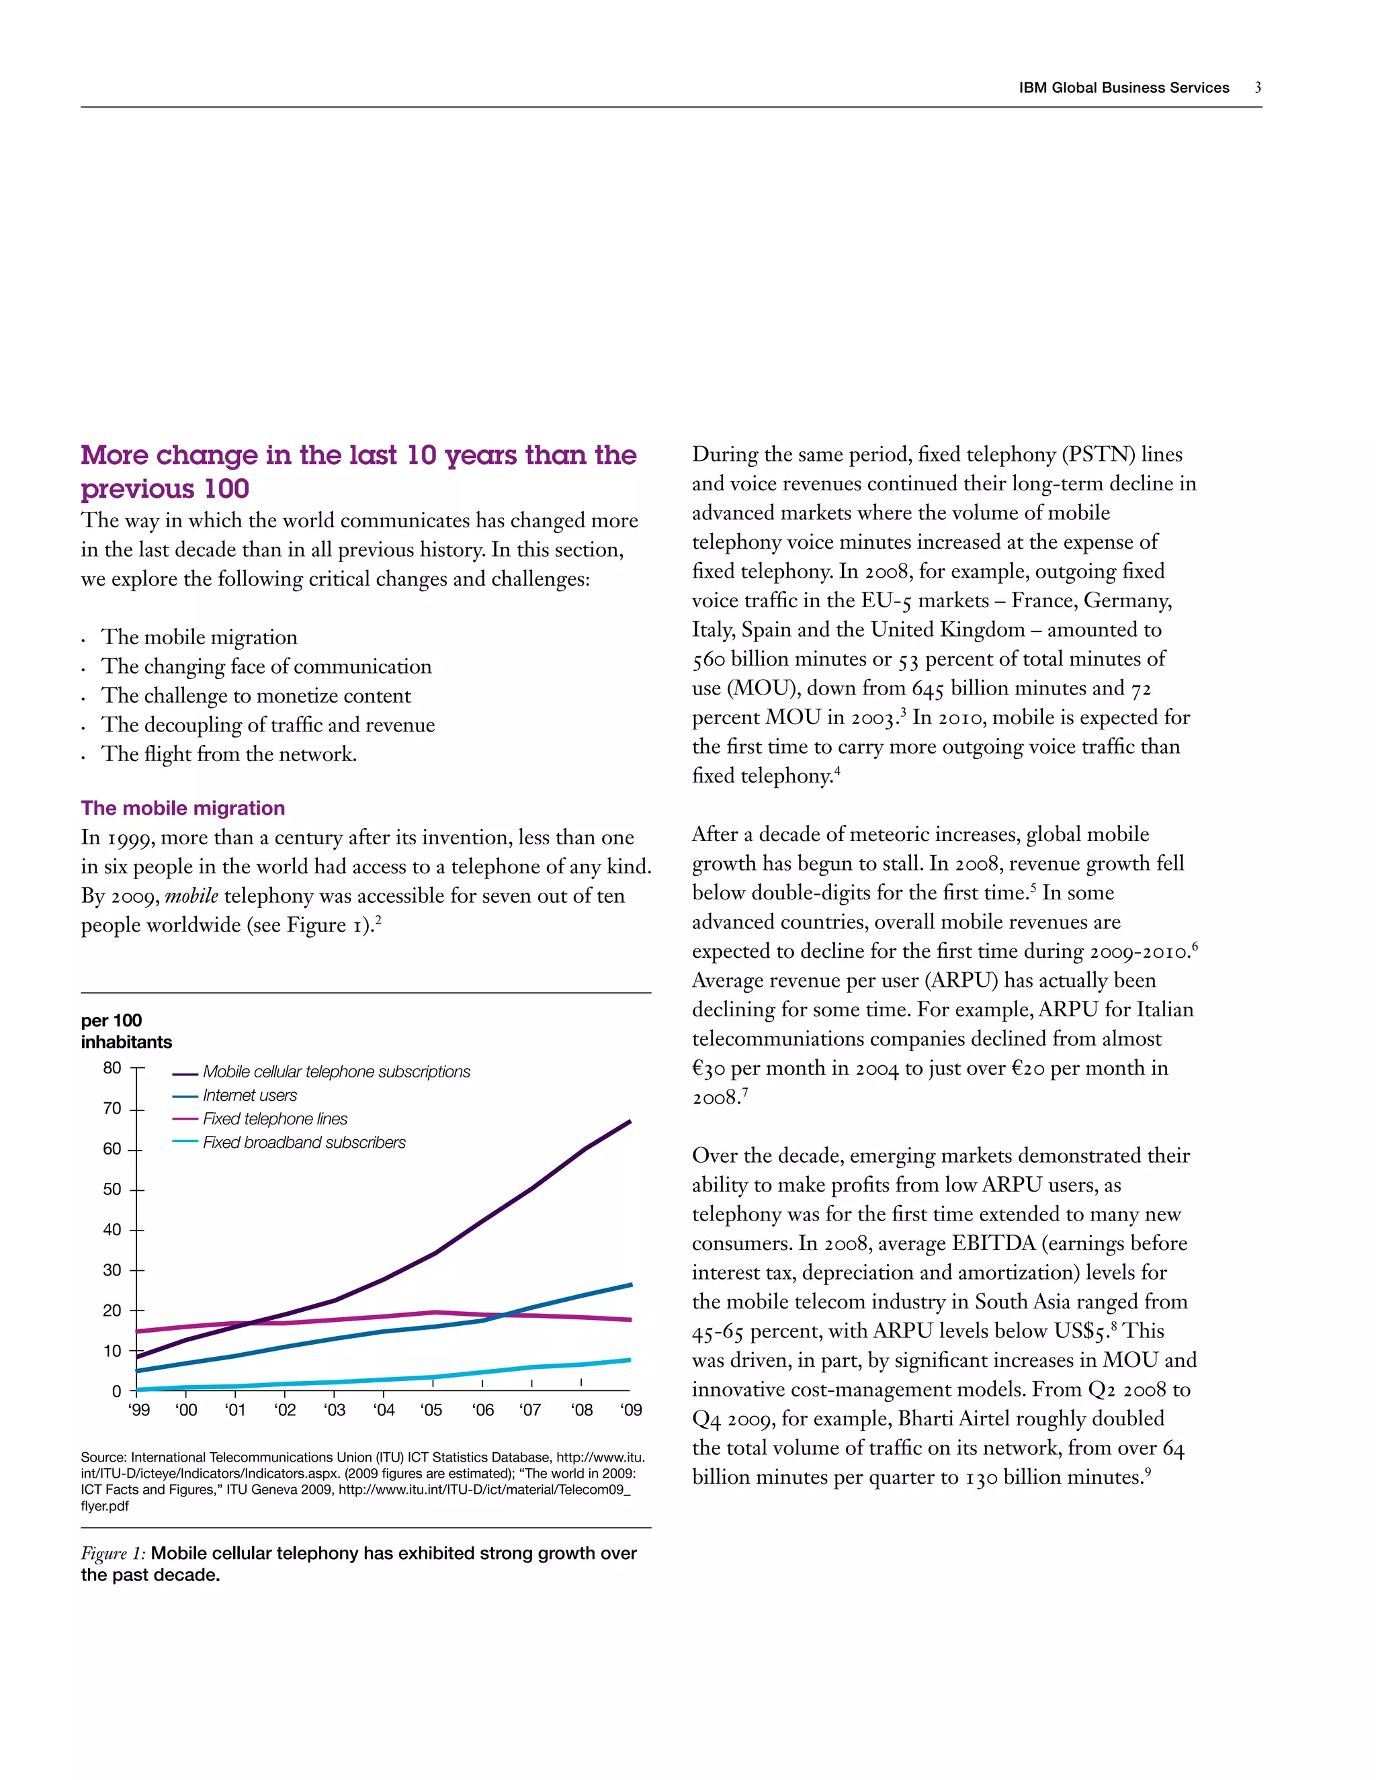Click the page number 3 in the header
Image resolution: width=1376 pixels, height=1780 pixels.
pos(1258,87)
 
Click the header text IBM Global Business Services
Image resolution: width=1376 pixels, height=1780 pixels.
pos(1123,88)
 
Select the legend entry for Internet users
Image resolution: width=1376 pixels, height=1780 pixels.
pos(249,1096)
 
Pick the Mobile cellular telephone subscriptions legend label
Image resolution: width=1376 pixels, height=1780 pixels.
pos(336,1072)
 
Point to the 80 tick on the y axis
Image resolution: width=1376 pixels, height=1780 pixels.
pos(112,1068)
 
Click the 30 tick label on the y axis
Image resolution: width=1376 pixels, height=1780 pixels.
pos(112,1270)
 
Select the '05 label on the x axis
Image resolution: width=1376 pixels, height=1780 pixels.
pos(432,1410)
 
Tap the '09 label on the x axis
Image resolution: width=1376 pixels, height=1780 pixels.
pos(631,1410)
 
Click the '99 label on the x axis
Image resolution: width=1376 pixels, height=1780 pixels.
pos(139,1410)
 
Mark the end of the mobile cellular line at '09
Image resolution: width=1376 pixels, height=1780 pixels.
pos(630,1122)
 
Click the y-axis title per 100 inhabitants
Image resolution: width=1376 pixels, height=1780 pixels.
pos(126,1031)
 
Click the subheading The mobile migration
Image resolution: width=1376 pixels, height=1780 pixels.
pos(183,807)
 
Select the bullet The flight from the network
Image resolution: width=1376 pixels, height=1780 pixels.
pos(228,754)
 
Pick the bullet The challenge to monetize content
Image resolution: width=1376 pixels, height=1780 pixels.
pos(255,695)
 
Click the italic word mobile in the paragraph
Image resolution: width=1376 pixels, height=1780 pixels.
pos(191,895)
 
